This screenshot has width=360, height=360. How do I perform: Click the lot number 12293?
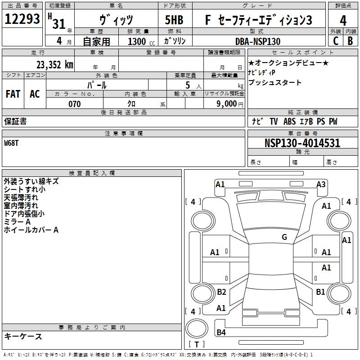pos(22,19)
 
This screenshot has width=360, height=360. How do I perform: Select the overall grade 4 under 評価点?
pos(343,21)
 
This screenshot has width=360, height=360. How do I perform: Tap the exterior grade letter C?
pos(336,41)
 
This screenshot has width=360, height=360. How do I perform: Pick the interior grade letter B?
pos(350,41)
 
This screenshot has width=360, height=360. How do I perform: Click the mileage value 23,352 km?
pos(54,65)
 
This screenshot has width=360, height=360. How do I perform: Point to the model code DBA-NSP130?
pos(258,41)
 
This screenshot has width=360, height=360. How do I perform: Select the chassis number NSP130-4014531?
pos(302,143)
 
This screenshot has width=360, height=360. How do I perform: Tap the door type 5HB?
pos(174,20)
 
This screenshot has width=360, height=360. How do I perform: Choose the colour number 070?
pos(75,104)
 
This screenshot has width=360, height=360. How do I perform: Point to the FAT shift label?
pos(13,94)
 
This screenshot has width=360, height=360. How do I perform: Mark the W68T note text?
pos(11,143)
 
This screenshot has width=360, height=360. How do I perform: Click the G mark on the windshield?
pos(284,237)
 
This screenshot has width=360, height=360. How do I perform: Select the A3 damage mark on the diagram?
pos(321,184)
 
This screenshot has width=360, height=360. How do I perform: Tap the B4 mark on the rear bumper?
pos(221,332)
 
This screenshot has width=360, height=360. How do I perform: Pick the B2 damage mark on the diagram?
pos(221,292)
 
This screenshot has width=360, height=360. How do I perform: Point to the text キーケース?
pos(23,336)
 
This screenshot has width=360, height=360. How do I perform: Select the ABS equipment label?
pos(289,121)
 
